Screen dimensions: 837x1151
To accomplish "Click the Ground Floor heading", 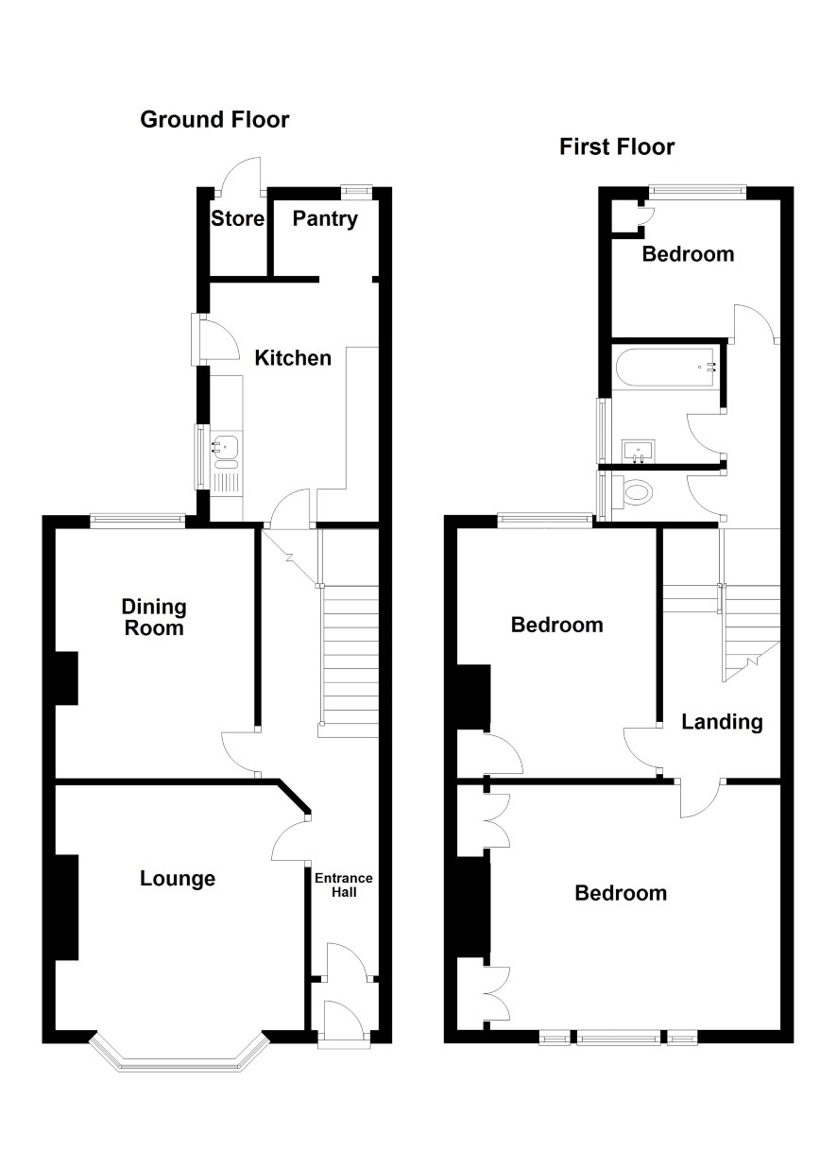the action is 214,120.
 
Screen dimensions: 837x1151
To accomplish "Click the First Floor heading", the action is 617,147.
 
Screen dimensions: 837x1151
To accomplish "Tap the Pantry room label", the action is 325,219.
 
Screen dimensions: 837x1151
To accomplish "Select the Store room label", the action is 237,219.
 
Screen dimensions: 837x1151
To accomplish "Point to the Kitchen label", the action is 293,358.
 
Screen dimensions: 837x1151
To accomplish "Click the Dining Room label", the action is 154,617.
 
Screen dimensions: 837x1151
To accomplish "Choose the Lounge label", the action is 178,879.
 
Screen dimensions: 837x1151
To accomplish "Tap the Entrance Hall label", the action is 344,885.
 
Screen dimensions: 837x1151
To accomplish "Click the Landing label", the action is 722,723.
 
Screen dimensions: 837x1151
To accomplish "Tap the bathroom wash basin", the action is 639,451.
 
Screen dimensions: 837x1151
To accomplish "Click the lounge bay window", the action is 179,1054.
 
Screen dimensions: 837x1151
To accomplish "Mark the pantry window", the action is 357,191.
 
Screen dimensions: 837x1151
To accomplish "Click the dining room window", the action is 138,521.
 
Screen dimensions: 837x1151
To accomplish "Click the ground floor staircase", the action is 349,661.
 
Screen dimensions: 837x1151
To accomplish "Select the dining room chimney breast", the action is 66,679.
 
